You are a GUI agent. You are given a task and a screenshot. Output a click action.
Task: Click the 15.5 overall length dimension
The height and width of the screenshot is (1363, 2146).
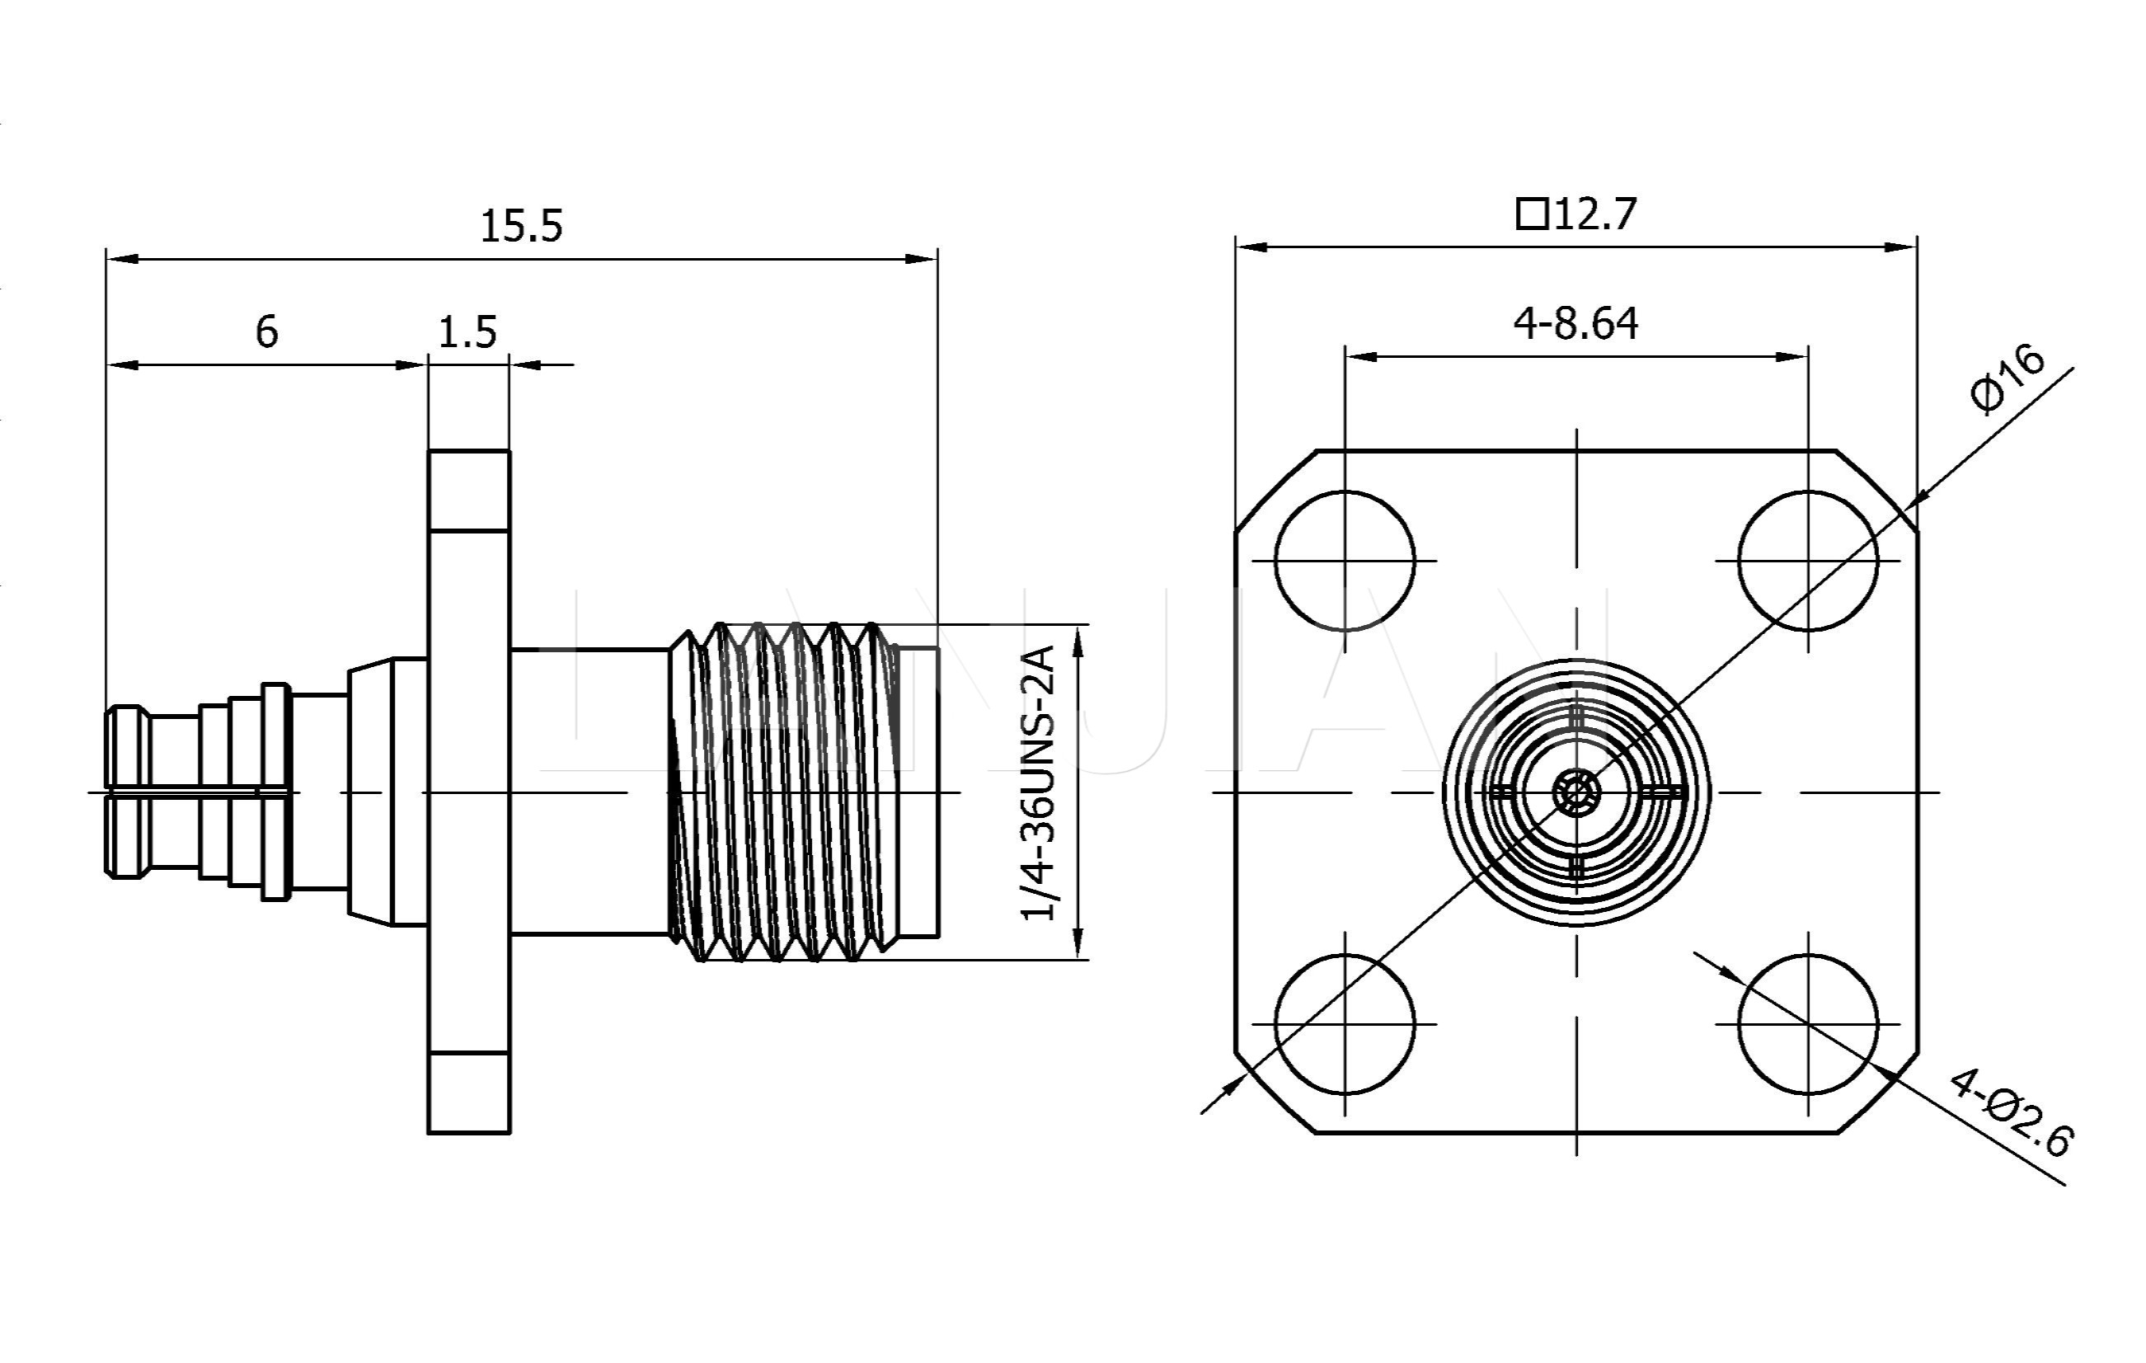point(521,227)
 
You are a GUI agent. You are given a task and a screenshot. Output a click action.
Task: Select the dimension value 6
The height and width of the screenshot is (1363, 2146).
point(266,331)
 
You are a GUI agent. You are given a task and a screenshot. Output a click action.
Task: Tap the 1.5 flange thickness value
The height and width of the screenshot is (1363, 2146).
point(467,332)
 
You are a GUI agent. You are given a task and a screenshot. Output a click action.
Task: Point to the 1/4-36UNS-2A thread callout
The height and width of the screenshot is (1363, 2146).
point(1038,783)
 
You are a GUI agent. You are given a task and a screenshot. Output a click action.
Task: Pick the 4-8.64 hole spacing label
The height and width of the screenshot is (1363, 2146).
point(1575,323)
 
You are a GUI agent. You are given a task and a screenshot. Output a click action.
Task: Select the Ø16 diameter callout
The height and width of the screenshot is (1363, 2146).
point(2007,378)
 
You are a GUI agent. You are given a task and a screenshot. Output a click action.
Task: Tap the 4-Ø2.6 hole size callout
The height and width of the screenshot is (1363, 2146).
point(2011,1113)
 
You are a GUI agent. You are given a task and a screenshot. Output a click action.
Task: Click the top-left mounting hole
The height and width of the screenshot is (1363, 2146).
point(1344,561)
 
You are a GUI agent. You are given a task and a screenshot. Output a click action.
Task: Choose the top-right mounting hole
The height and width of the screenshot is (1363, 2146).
point(1807,561)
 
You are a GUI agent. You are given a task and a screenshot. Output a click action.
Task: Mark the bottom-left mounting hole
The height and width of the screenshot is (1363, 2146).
point(1344,1023)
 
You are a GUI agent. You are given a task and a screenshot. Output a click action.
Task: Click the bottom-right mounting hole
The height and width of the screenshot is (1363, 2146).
point(1807,1023)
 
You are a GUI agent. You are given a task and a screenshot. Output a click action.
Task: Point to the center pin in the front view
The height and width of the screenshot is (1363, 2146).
point(1575,792)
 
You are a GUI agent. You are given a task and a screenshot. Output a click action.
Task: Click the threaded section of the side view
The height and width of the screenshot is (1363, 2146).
point(784,792)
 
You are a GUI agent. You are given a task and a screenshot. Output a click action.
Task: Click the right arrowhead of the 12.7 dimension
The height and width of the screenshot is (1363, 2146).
point(1903,247)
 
